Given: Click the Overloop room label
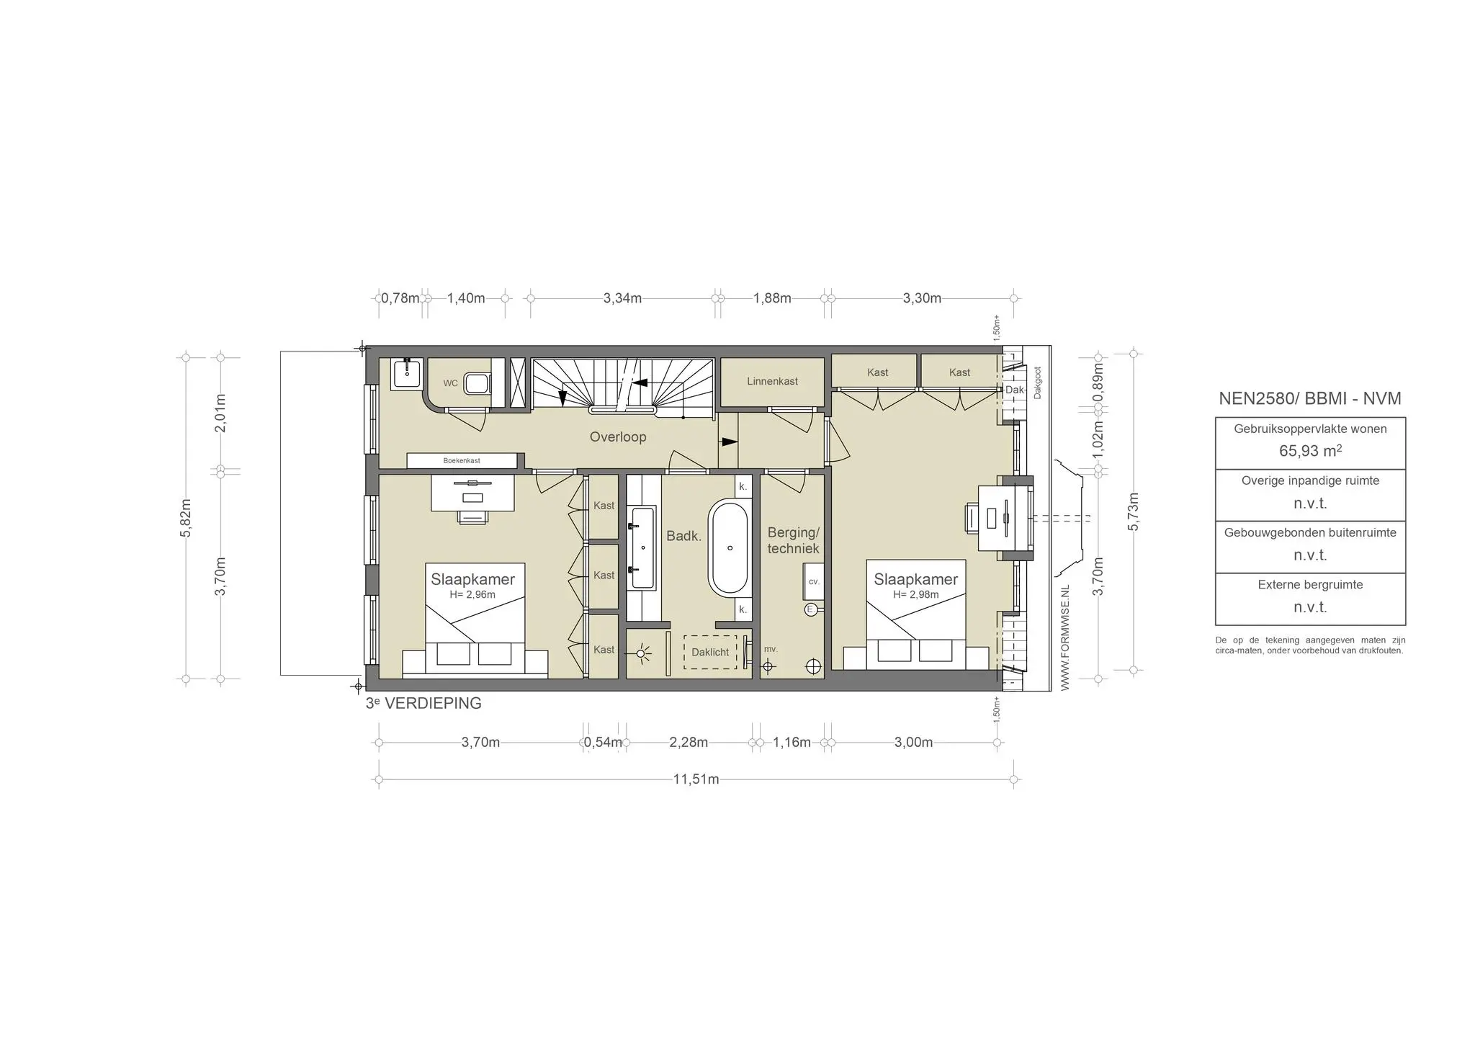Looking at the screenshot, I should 617,437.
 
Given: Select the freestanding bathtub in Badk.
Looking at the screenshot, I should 730,548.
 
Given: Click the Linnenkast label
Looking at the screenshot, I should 772,381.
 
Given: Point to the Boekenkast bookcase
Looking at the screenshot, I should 462,460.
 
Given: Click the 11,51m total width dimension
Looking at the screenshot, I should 696,779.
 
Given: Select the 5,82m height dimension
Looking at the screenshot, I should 187,517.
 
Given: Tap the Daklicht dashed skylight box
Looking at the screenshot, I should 710,652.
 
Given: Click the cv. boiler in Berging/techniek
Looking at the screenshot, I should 814,581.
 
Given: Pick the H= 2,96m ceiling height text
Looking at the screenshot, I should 472,595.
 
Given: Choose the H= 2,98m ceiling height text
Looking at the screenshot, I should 915,595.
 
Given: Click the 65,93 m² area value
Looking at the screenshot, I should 1310,452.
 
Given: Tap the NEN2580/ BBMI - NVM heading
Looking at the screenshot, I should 1309,398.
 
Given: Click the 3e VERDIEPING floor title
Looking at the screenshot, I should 423,704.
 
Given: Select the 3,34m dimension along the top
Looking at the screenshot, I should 622,298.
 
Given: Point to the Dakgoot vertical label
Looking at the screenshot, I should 1038,382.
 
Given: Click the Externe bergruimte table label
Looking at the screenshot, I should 1310,585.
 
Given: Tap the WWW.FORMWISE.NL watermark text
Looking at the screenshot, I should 1065,638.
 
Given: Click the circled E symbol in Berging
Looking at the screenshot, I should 810,609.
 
